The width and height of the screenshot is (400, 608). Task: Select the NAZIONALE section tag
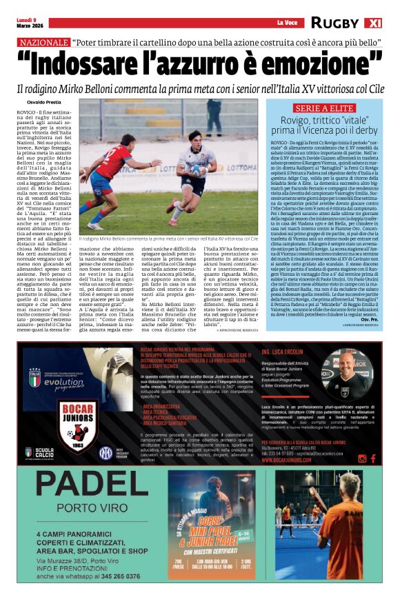click(43, 43)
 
